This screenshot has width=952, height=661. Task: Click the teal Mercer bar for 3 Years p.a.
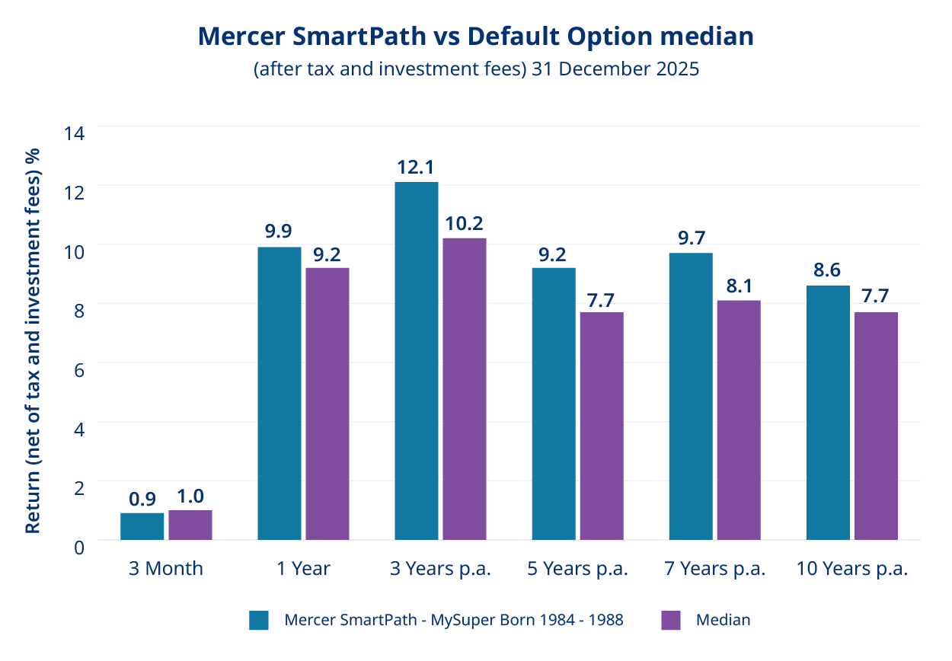tap(417, 361)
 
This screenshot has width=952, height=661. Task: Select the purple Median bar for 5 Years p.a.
tap(601, 426)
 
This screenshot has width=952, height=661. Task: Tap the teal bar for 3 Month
tap(142, 526)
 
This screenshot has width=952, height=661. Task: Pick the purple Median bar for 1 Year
tap(327, 404)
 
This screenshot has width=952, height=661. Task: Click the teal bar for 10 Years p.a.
tap(828, 413)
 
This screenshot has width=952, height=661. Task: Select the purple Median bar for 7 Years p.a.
tap(738, 420)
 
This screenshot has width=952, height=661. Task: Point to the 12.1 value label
tap(416, 168)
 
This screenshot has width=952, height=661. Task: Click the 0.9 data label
tap(142, 500)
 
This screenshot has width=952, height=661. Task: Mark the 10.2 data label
tap(464, 224)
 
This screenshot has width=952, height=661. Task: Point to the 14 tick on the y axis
tap(75, 130)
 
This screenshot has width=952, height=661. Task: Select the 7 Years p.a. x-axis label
tap(715, 569)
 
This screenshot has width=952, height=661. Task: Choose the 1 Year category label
tap(303, 569)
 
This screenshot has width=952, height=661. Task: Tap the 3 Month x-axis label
tap(166, 569)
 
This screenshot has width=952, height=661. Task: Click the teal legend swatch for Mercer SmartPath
tap(259, 620)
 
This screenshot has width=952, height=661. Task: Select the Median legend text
tap(723, 620)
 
